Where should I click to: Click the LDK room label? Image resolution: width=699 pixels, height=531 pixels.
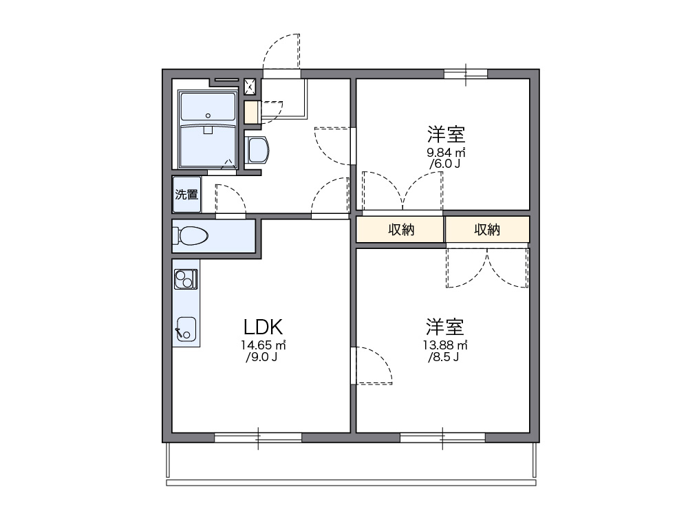(x=261, y=326)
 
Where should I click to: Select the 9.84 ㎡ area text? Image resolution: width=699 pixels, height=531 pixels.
(x=447, y=152)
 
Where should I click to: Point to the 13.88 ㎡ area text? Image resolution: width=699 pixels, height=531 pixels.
(x=445, y=345)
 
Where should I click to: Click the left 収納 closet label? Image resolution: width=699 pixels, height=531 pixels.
(x=400, y=230)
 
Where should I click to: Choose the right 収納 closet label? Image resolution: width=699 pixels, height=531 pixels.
(x=487, y=230)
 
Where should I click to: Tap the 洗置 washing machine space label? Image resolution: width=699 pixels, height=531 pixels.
(x=186, y=195)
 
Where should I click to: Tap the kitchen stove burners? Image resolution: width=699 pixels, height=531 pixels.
(x=186, y=279)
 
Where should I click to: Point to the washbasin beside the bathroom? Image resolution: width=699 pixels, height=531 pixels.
(x=257, y=149)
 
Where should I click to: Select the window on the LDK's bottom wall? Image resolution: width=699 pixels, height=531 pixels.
(x=258, y=437)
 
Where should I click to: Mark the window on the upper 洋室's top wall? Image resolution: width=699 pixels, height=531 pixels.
(x=466, y=74)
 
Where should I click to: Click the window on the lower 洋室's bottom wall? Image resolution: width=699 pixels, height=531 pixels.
(x=442, y=437)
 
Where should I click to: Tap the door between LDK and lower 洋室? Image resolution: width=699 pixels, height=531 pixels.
(x=372, y=365)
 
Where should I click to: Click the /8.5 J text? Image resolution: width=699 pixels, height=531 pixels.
(x=444, y=357)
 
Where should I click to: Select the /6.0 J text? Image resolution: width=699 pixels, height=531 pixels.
(x=446, y=164)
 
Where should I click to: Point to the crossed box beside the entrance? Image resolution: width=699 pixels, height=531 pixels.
(x=250, y=86)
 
